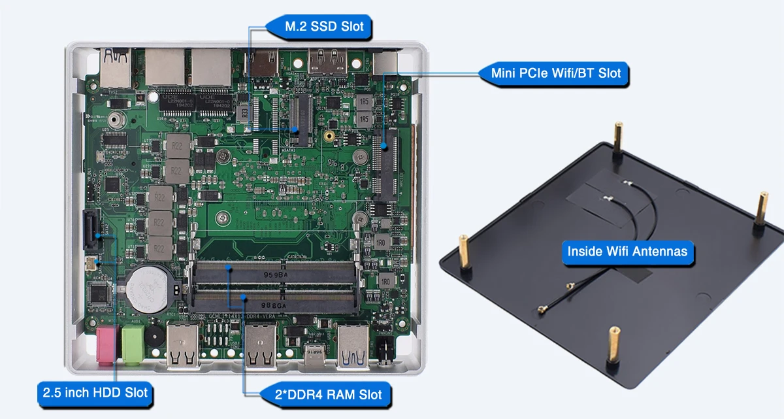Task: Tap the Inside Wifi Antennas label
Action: point(627,251)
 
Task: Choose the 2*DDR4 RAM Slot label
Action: point(325,394)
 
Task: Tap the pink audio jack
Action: point(105,343)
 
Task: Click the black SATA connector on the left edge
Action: point(91,232)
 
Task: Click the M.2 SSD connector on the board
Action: point(302,118)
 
